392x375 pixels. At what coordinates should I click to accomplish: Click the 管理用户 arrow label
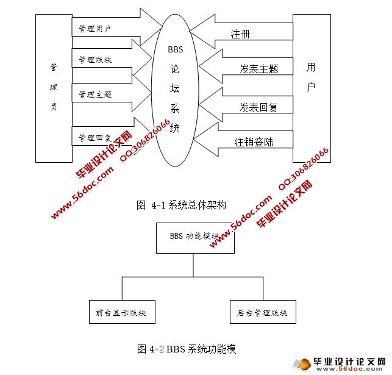(94, 29)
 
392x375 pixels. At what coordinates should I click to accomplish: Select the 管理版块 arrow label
(95, 60)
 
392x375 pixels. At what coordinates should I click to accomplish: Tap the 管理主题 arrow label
(95, 95)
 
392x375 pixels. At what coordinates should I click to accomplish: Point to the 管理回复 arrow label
(95, 138)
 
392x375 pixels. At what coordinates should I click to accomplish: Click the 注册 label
(240, 34)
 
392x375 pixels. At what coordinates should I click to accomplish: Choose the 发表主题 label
(259, 70)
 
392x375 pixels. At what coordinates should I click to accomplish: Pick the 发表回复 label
(258, 107)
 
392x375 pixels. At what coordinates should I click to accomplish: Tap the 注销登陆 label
(254, 142)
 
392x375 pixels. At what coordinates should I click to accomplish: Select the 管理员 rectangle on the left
(54, 88)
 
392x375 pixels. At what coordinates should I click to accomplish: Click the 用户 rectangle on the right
(311, 88)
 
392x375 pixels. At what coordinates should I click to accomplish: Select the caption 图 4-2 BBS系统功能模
(186, 349)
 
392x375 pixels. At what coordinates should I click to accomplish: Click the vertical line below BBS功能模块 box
(194, 265)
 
